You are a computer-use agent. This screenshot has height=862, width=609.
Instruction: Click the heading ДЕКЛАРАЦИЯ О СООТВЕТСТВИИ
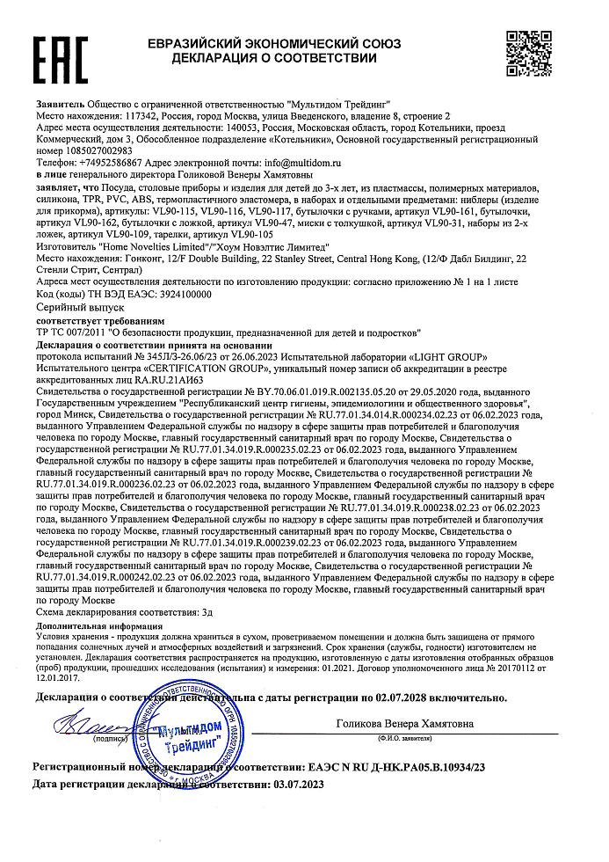pos(274,58)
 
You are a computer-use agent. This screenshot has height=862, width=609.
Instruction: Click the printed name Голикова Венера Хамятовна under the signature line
pos(405,724)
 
